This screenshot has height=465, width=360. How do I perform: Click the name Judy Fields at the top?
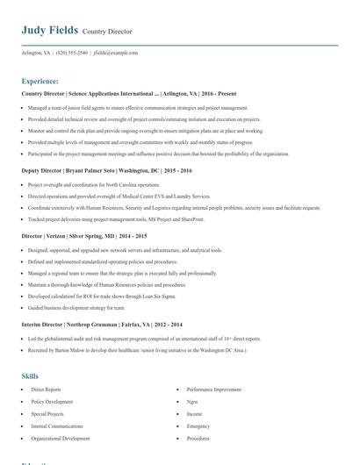pyautogui.click(x=50, y=30)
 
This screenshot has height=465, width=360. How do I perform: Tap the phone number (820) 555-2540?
pyautogui.click(x=71, y=53)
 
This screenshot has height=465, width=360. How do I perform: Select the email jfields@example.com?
pyautogui.click(x=116, y=53)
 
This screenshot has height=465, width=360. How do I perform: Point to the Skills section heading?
pyautogui.click(x=30, y=376)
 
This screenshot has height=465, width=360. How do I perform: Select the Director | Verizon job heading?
pyautogui.click(x=84, y=236)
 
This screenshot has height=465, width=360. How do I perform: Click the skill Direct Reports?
pyautogui.click(x=46, y=388)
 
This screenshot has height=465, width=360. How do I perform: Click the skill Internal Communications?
pyautogui.click(x=57, y=426)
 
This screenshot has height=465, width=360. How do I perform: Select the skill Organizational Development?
pyautogui.click(x=60, y=438)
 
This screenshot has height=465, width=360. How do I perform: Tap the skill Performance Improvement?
pyautogui.click(x=213, y=388)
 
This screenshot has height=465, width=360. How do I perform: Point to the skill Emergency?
pyautogui.click(x=198, y=426)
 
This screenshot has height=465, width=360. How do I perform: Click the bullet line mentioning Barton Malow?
pyautogui.click(x=137, y=350)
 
